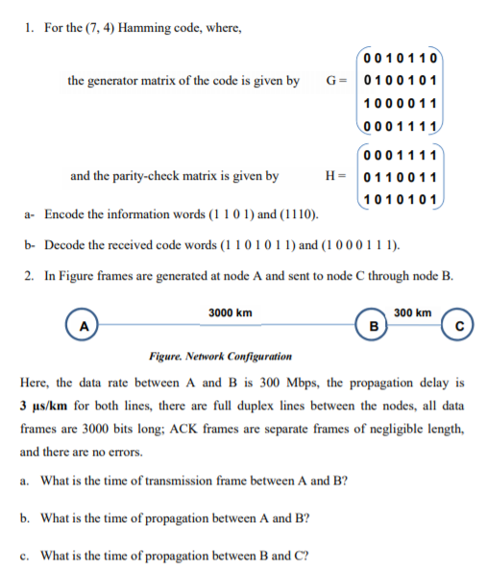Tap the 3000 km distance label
tap(231, 312)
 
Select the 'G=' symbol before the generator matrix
tap(335, 80)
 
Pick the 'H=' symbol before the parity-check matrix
tap(336, 176)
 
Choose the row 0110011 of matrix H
tap(402, 177)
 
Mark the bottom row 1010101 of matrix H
tap(402, 199)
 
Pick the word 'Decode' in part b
tap(67, 244)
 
